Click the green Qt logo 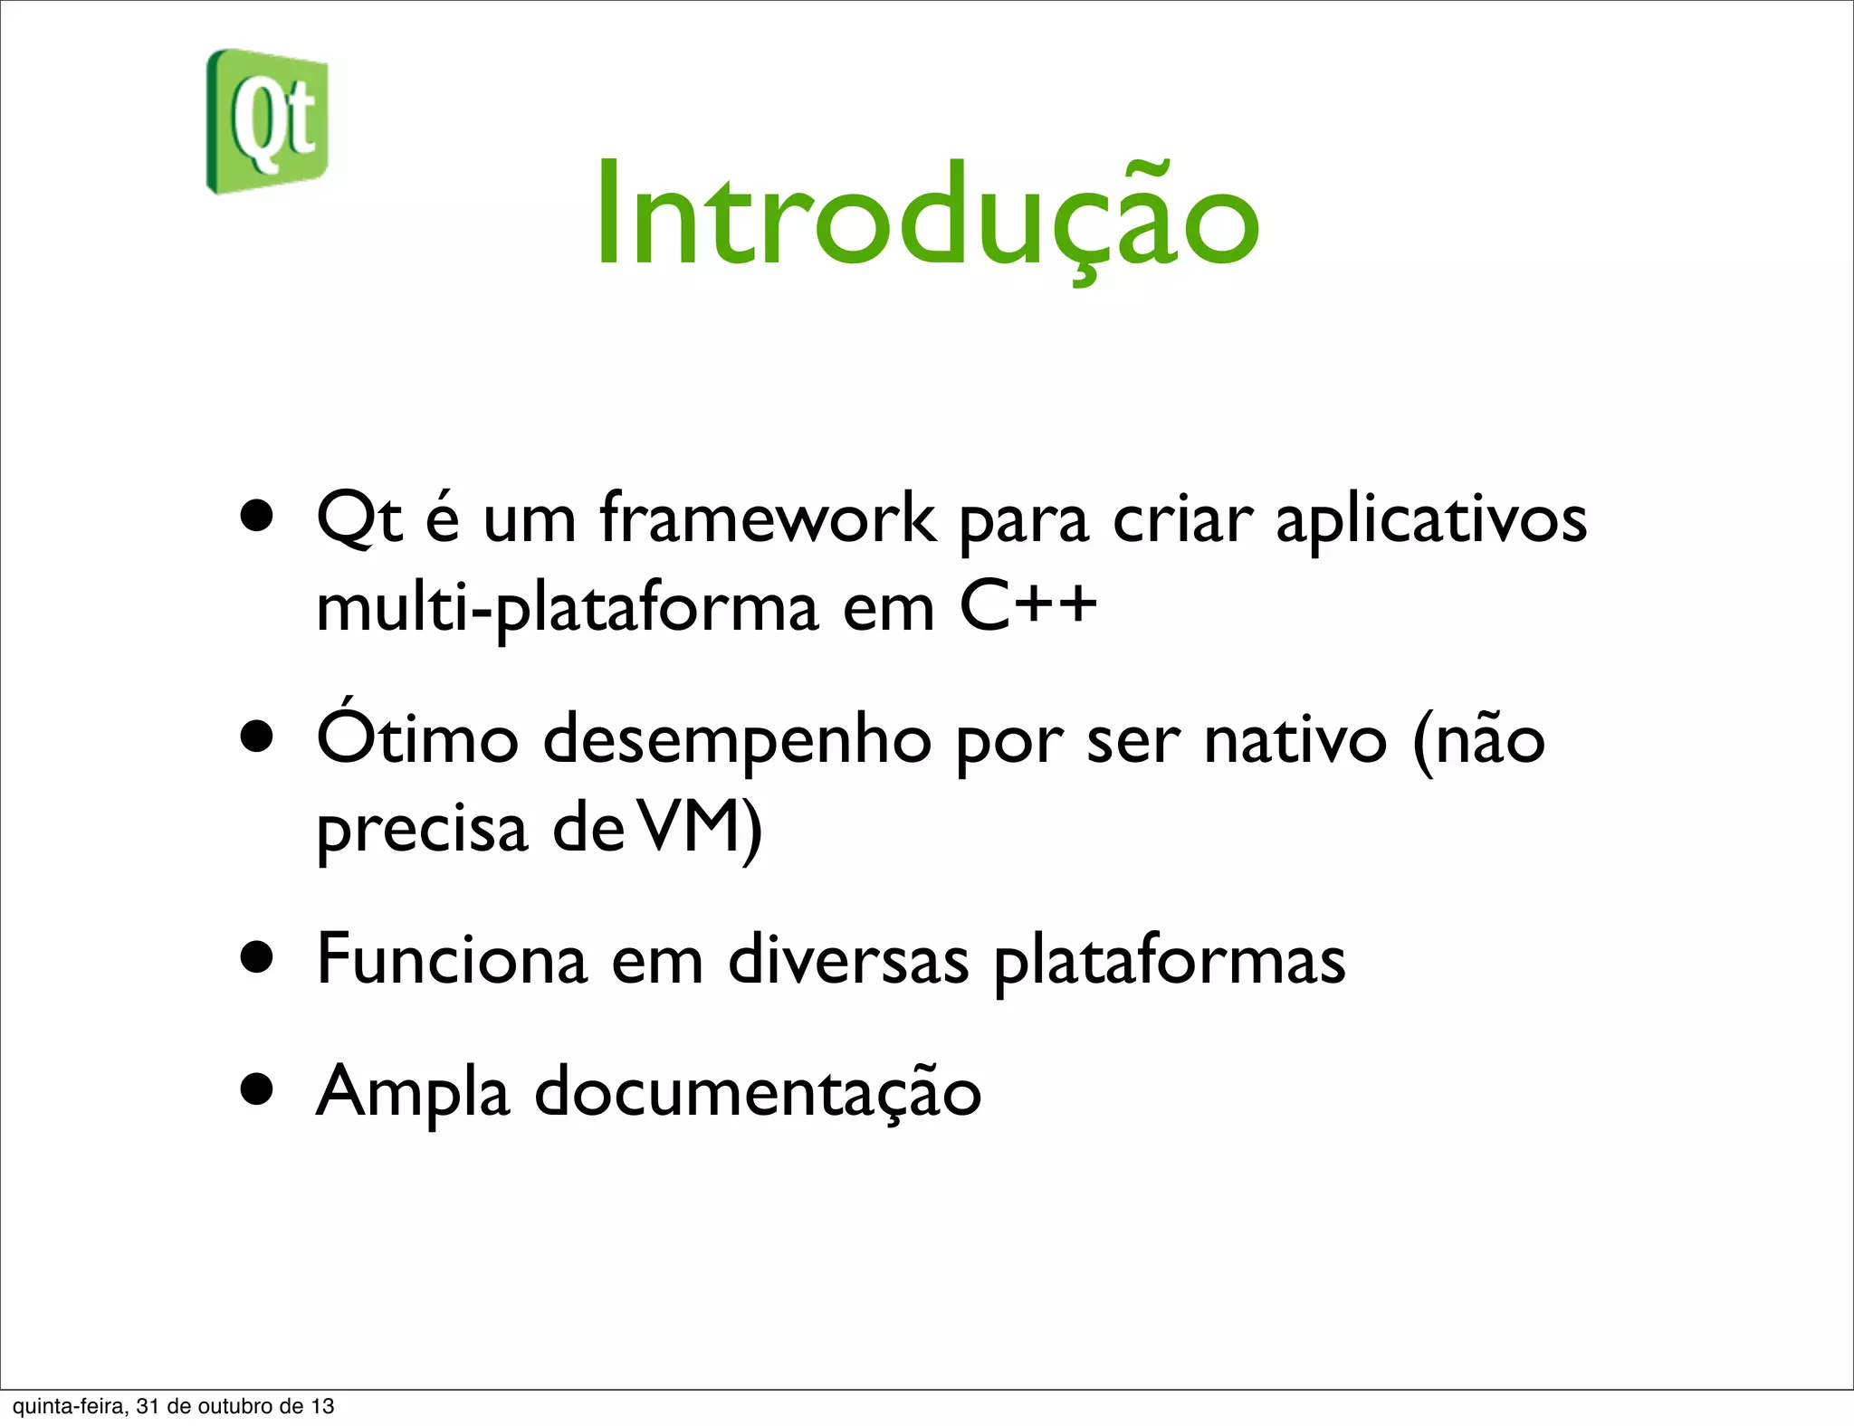[x=267, y=121]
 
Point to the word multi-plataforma [x=567, y=609]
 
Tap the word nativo [x=1295, y=739]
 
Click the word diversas [x=848, y=958]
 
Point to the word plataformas [x=1169, y=962]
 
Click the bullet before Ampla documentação [x=258, y=1090]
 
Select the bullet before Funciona [x=258, y=956]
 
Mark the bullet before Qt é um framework [x=258, y=516]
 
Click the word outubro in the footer [x=234, y=1406]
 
